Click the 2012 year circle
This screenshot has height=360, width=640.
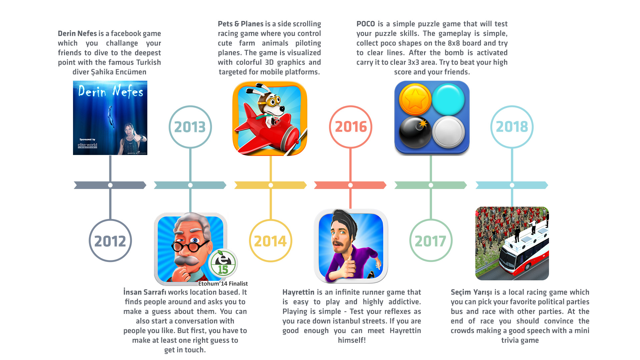(x=110, y=222)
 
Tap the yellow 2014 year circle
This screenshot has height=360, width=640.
(x=271, y=222)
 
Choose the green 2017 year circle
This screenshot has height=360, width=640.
(x=431, y=222)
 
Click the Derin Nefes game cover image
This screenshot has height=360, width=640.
(x=110, y=118)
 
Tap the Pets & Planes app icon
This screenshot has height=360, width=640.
(x=270, y=118)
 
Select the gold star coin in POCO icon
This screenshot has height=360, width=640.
(x=415, y=99)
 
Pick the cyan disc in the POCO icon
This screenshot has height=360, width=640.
(x=448, y=99)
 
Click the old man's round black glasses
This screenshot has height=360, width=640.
(x=189, y=246)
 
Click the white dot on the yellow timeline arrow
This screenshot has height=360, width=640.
(x=271, y=185)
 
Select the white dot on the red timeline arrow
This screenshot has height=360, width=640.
(x=350, y=185)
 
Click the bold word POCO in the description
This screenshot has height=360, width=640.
(x=366, y=24)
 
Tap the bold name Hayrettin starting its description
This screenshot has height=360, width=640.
(x=298, y=292)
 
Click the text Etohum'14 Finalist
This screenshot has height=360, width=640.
(x=223, y=284)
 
